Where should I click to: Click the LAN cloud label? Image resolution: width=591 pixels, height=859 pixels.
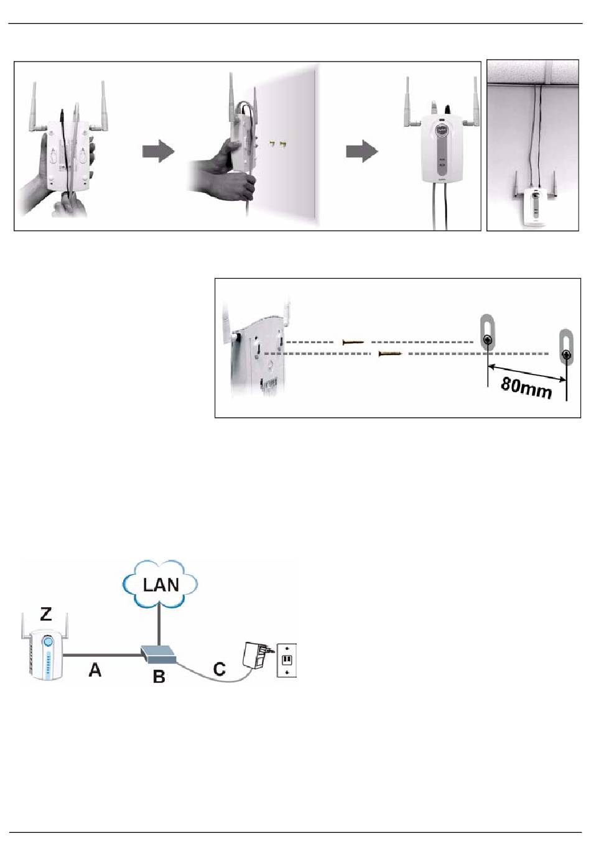[161, 585]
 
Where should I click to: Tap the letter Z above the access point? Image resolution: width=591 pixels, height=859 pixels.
[46, 615]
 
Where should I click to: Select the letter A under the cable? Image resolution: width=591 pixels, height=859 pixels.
[95, 670]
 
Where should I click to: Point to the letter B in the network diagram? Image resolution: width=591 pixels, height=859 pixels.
[159, 677]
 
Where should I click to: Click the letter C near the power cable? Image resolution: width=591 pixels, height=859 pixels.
[219, 669]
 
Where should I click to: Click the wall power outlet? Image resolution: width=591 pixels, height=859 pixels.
[287, 660]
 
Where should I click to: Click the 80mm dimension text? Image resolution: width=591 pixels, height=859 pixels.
[526, 388]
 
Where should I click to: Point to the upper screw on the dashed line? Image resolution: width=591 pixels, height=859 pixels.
[353, 341]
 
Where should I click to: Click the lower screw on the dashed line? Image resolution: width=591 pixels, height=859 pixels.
[389, 353]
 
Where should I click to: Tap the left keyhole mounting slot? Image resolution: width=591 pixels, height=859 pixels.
[487, 333]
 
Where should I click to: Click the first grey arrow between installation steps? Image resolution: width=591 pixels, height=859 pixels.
[159, 152]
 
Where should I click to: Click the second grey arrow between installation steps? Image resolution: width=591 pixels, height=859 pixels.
[361, 152]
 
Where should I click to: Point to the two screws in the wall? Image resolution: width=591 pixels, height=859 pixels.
[277, 144]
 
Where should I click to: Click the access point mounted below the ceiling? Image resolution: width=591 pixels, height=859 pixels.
[534, 200]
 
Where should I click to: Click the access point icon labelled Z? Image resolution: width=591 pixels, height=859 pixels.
[45, 648]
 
